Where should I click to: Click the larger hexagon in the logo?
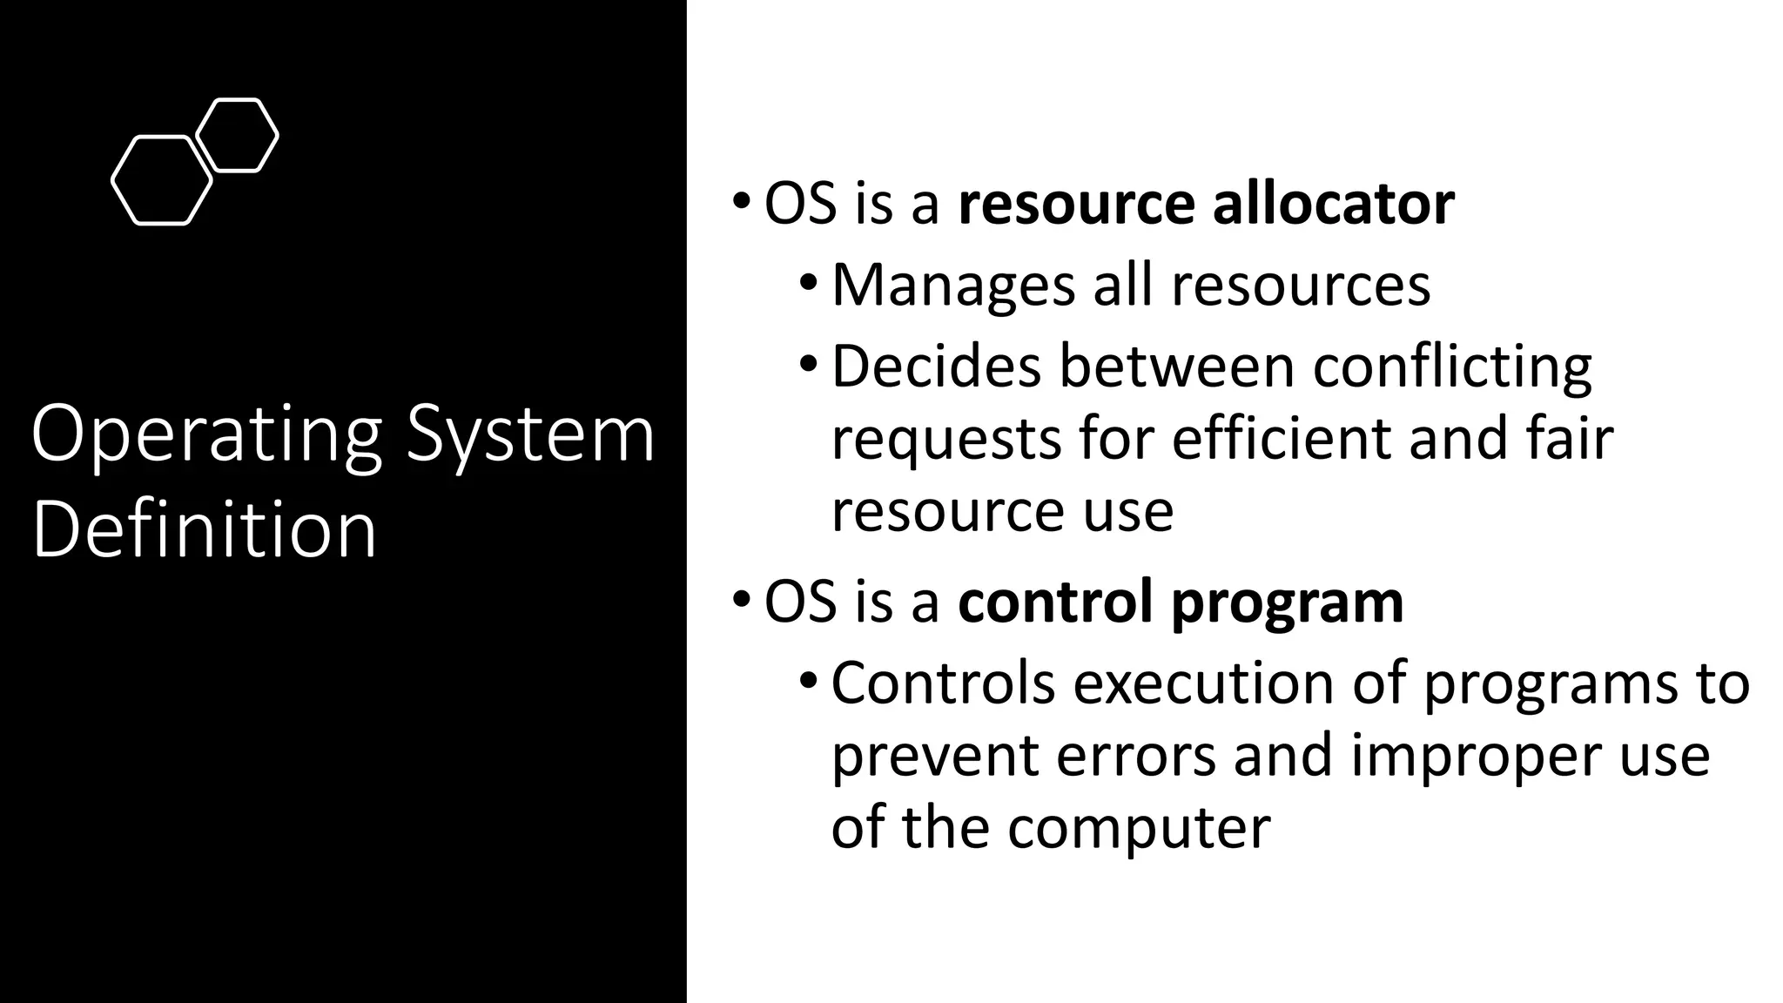point(162,181)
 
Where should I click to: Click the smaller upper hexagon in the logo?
point(237,135)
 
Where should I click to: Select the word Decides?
point(936,366)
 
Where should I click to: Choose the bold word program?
point(1288,603)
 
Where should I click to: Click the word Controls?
point(943,683)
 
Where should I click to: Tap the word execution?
point(1204,683)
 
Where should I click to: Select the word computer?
point(1139,827)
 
